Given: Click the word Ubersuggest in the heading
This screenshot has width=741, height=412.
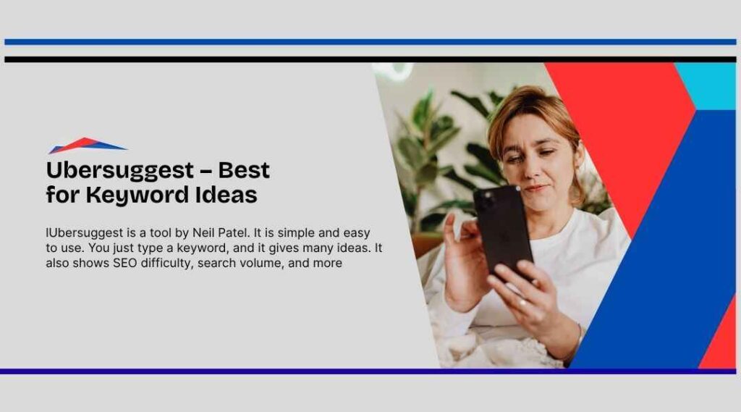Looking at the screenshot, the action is point(120,171).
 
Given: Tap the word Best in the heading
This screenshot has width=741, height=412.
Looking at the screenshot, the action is point(244,170).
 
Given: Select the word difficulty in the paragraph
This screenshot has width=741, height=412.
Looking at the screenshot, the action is point(167,264).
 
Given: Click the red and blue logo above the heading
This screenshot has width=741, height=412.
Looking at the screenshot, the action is point(87,146).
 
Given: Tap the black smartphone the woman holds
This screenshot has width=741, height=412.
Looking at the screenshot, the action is point(503,230).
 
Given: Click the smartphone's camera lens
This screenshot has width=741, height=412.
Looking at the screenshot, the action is point(485,198).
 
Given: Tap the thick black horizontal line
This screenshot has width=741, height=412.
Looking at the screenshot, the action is point(370,59).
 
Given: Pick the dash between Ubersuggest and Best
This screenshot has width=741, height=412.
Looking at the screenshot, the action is point(206,171).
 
